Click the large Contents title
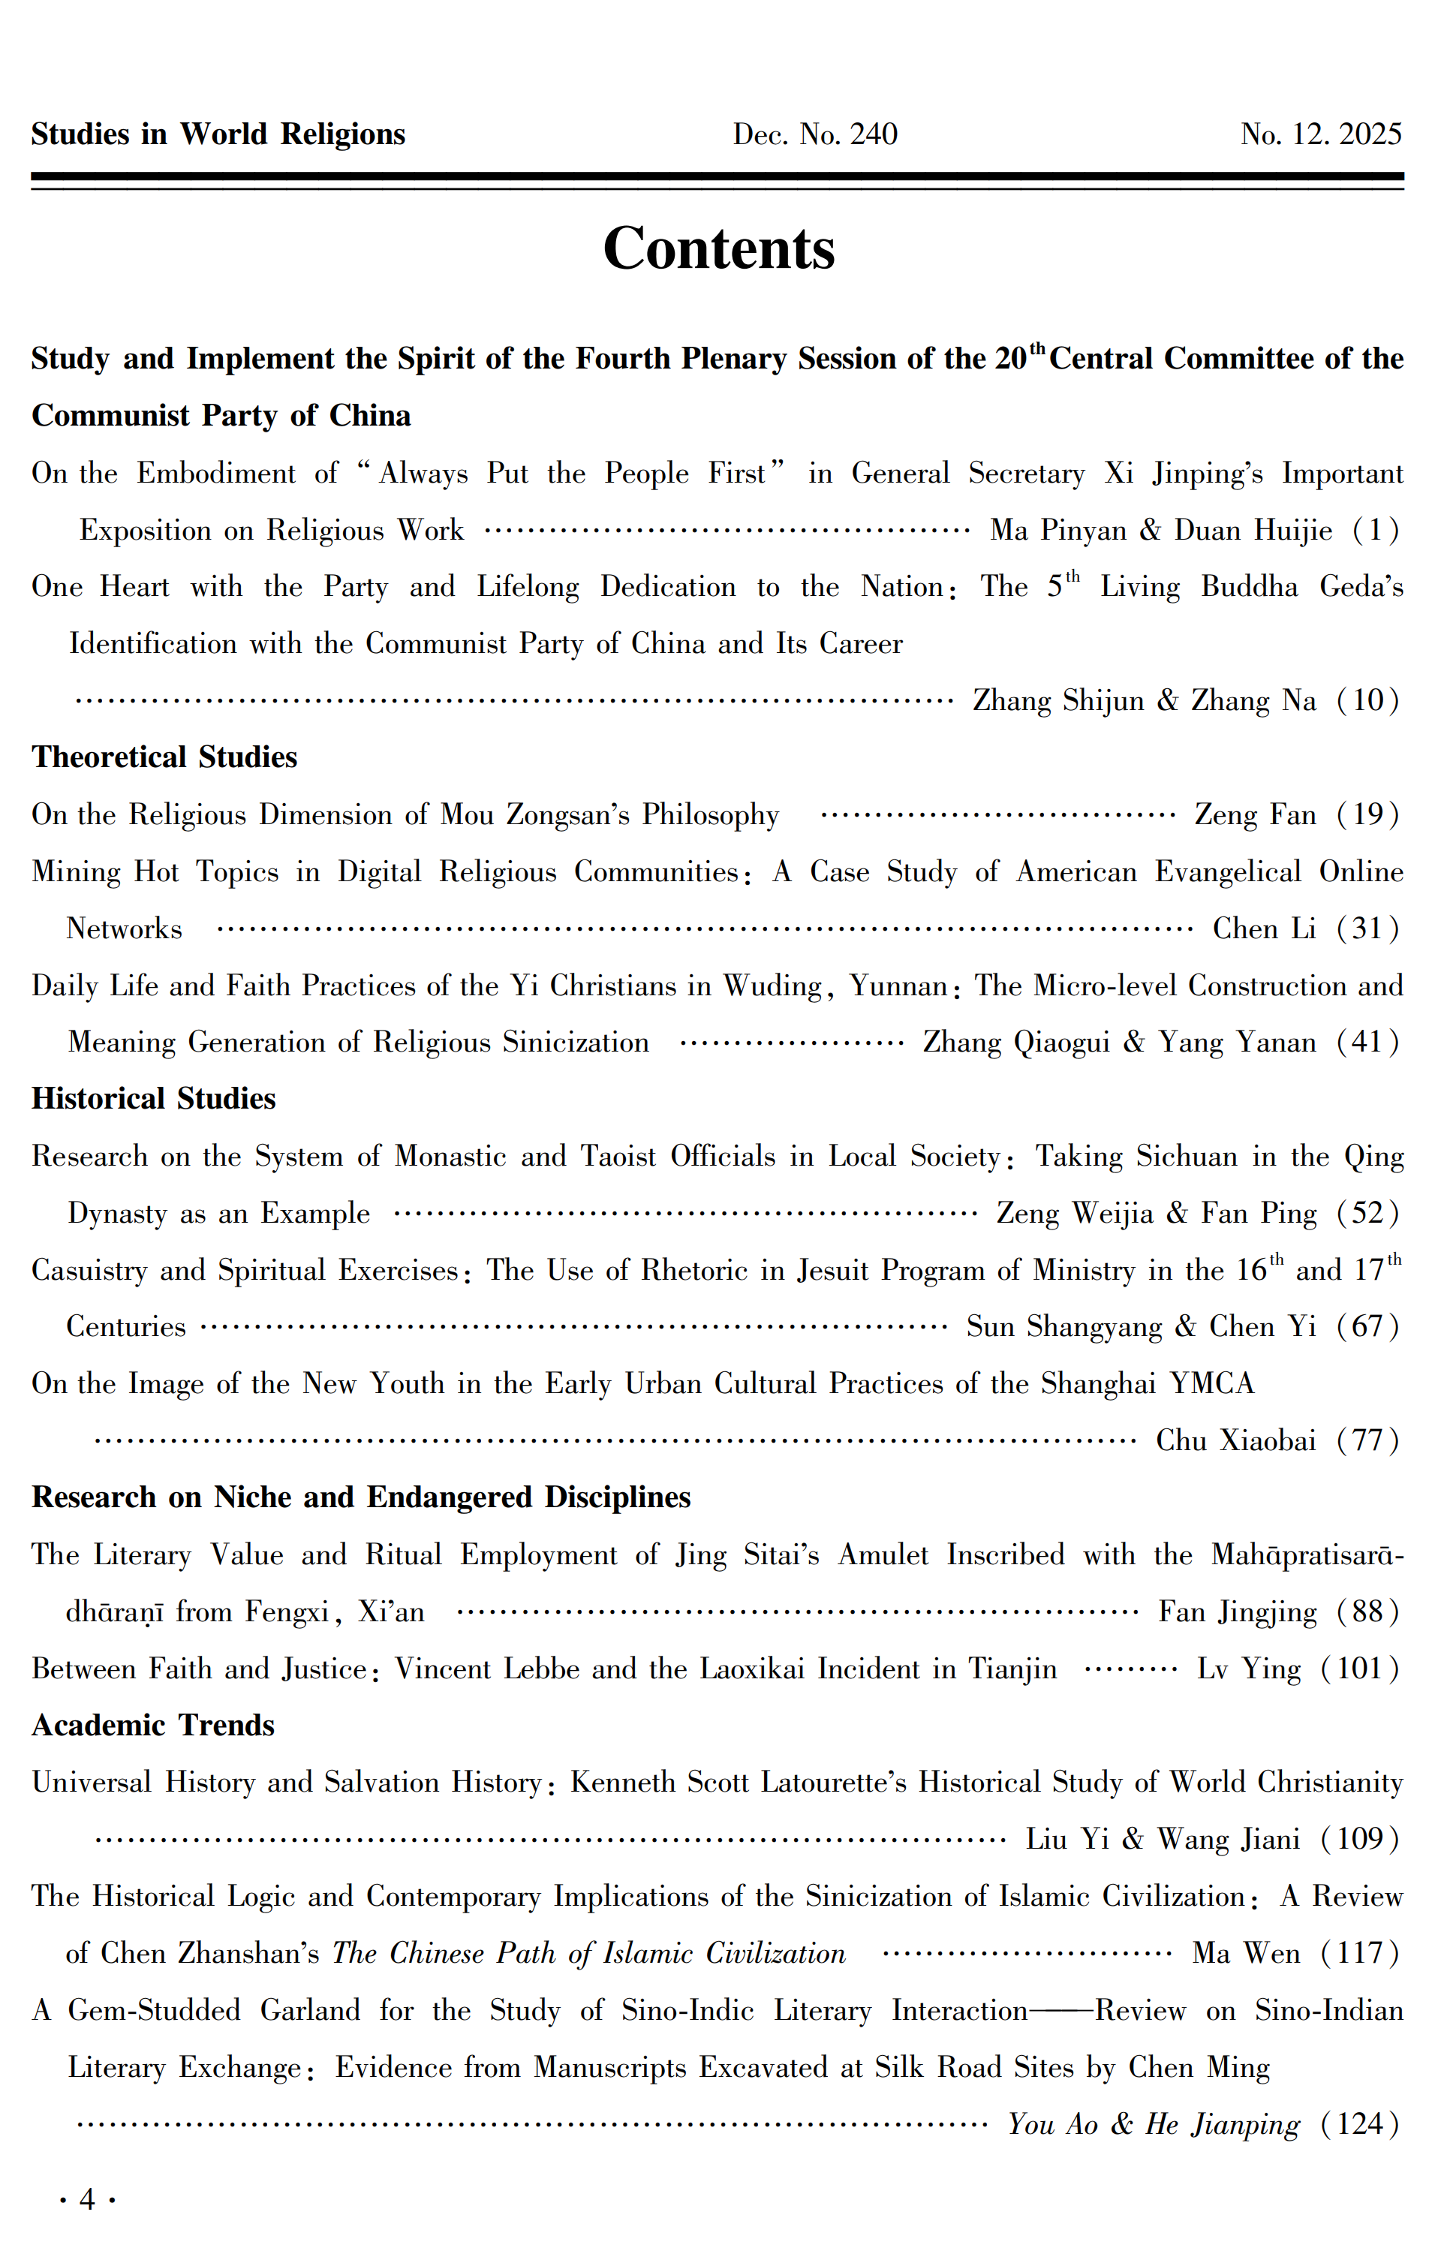click(718, 249)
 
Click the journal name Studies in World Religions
click(218, 134)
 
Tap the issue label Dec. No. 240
click(815, 134)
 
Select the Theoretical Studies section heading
click(164, 757)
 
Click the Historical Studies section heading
click(154, 1098)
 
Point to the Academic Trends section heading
click(153, 1725)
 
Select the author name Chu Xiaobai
click(1235, 1440)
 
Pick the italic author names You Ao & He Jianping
click(1154, 2124)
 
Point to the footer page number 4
click(88, 2199)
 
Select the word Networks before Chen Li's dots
click(124, 928)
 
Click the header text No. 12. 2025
click(1320, 134)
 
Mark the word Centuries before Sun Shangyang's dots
click(126, 1327)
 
